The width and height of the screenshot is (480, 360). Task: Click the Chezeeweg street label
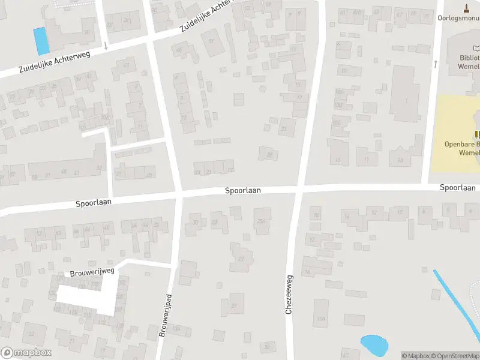click(x=289, y=295)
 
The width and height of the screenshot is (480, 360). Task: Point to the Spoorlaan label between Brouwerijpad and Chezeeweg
click(x=243, y=190)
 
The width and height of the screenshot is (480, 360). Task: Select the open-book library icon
click(x=476, y=48)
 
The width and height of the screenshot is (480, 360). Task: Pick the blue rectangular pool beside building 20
click(x=41, y=41)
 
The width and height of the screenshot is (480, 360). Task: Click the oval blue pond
click(x=374, y=344)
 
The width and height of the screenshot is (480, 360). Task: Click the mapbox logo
click(x=26, y=353)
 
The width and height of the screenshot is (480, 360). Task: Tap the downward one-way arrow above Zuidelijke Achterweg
click(x=106, y=45)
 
